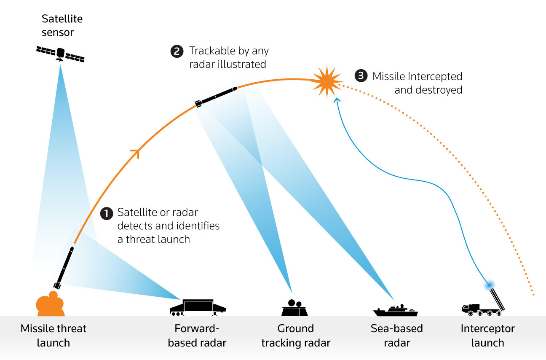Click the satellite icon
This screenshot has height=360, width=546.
(x=60, y=54)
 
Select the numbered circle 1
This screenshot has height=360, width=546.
(x=107, y=213)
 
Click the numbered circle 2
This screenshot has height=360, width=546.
(x=177, y=51)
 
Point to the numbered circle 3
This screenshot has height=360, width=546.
(x=361, y=75)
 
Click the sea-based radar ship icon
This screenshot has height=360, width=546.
(x=395, y=310)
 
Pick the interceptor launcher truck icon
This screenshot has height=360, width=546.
(x=483, y=302)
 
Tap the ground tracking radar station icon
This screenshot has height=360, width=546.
(x=294, y=308)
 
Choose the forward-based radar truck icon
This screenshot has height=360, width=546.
(x=198, y=308)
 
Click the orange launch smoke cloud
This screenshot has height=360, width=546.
(x=50, y=304)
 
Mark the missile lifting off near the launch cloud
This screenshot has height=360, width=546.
(x=64, y=268)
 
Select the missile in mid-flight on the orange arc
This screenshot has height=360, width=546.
(x=216, y=97)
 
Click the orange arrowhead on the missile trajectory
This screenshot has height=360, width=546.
(x=136, y=153)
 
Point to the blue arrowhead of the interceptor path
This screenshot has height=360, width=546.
(x=337, y=100)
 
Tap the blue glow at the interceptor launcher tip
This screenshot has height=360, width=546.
(x=489, y=285)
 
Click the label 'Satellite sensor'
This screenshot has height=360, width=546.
(x=62, y=25)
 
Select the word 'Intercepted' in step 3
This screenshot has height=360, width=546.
(x=435, y=76)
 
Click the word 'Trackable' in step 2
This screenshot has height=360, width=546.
(x=211, y=51)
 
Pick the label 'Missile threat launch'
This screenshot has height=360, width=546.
(x=54, y=336)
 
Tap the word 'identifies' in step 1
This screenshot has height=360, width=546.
(x=199, y=226)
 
